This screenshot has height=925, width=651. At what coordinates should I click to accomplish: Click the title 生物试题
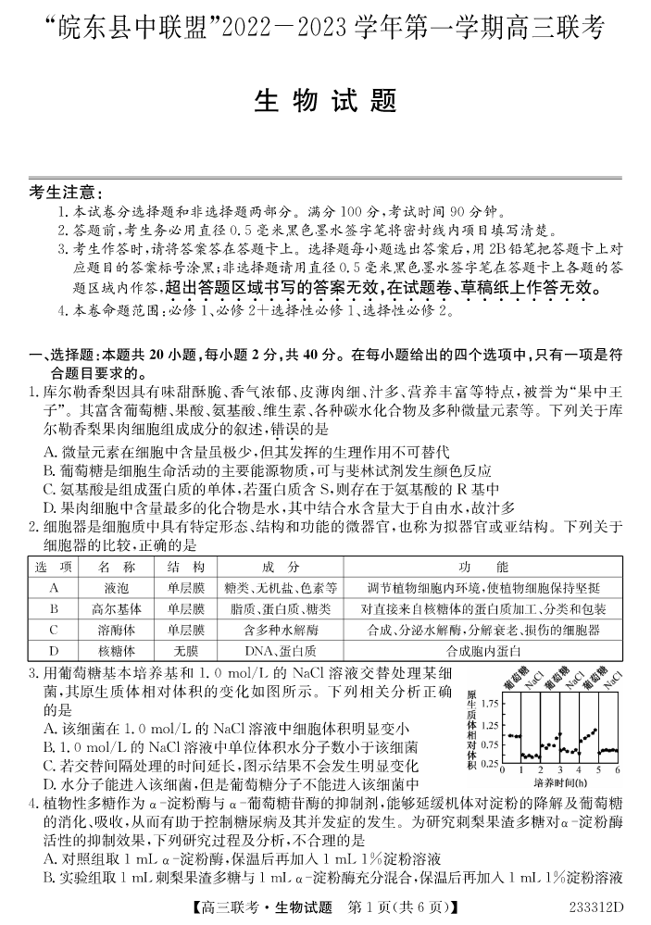[325, 100]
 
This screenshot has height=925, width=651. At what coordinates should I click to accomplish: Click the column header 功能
[482, 567]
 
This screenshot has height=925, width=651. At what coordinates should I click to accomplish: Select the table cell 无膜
[185, 651]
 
